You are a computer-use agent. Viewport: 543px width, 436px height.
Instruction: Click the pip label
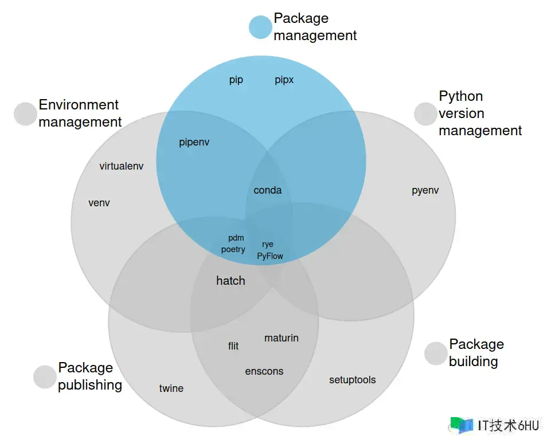click(x=236, y=80)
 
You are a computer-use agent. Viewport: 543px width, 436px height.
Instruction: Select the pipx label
click(x=284, y=80)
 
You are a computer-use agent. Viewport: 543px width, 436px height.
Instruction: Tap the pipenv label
click(x=194, y=142)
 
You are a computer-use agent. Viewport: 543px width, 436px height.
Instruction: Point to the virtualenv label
click(x=122, y=166)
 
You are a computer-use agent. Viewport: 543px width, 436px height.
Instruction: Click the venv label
click(x=99, y=203)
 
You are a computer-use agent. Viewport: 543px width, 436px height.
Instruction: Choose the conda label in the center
click(x=268, y=190)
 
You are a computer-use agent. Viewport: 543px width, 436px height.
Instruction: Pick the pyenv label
click(x=425, y=190)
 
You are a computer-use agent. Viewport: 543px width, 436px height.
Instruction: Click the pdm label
click(x=236, y=238)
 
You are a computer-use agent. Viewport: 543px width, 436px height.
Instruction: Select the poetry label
click(x=233, y=249)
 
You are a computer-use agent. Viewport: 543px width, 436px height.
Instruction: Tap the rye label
click(x=268, y=244)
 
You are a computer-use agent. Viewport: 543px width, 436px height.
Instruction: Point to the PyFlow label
click(x=270, y=256)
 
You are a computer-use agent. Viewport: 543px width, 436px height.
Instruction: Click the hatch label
click(x=231, y=280)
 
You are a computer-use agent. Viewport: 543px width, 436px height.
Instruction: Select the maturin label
click(x=282, y=338)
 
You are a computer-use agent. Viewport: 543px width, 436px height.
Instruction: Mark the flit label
click(x=233, y=345)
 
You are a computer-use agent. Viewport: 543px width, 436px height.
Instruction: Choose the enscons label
click(x=264, y=371)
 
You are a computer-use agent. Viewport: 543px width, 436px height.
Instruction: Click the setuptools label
click(x=353, y=380)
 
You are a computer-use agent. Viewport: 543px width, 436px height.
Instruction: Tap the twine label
click(x=171, y=388)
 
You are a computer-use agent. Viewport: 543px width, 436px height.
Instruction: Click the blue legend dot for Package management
click(x=260, y=27)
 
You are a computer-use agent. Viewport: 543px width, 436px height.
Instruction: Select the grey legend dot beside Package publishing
click(x=45, y=376)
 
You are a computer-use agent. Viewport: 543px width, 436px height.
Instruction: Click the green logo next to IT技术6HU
click(x=461, y=425)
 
